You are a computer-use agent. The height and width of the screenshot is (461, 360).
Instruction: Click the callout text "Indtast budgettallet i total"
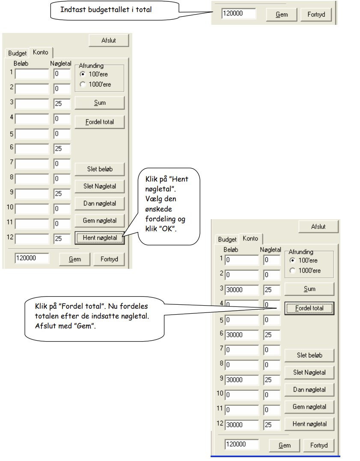point(106,10)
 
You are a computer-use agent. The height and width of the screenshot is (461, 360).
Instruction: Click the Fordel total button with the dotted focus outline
point(309,308)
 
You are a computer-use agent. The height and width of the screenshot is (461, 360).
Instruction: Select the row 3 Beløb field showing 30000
point(242,290)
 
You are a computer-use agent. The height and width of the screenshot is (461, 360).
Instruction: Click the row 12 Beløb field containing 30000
point(242,425)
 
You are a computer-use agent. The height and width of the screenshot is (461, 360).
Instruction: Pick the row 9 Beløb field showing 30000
point(242,380)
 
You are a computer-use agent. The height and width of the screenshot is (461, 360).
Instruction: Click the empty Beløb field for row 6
point(32,149)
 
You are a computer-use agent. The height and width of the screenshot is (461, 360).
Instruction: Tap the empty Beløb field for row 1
point(32,74)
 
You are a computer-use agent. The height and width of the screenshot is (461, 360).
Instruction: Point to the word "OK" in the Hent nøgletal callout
point(167,229)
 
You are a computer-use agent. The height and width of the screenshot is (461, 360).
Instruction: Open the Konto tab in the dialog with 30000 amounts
point(250,238)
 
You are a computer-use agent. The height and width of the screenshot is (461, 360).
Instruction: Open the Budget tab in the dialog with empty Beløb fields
point(17,53)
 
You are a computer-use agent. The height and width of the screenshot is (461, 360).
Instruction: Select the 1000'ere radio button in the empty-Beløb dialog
point(83,84)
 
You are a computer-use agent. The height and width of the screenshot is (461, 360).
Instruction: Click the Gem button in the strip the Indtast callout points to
point(282,15)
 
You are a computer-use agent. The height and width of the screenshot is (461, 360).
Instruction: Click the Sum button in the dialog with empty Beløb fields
point(100,103)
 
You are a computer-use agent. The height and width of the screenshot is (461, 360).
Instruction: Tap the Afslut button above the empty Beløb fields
point(109,40)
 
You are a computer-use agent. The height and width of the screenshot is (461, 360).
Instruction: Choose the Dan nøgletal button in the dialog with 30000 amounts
point(309,390)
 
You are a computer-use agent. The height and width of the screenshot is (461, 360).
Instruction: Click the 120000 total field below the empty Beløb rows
point(32,258)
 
